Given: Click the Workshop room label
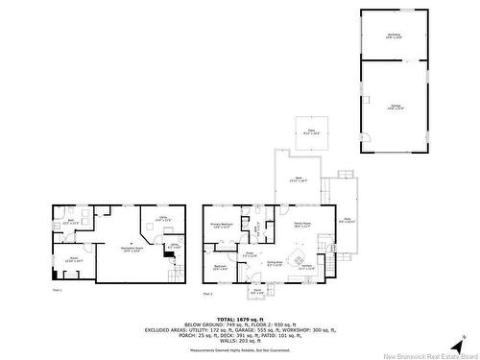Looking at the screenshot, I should [394, 36].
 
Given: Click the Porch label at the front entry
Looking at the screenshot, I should [256, 291].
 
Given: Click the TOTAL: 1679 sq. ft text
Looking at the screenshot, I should [240, 318].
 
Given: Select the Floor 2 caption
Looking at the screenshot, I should [208, 294].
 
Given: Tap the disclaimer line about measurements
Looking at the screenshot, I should [240, 349].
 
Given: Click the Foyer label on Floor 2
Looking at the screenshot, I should [249, 254].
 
